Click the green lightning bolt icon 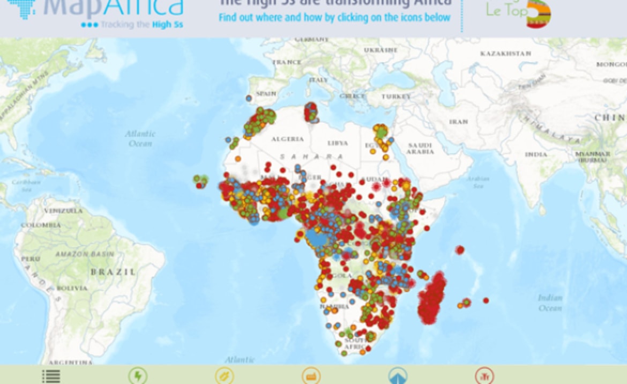(x=138, y=376)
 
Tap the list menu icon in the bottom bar (x=51, y=376)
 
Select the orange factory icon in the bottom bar (x=311, y=376)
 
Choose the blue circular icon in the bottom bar (x=397, y=376)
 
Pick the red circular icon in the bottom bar (x=484, y=376)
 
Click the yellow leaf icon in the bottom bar (x=224, y=376)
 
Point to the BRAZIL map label (x=113, y=272)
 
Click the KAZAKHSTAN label (x=505, y=54)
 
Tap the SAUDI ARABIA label (x=420, y=149)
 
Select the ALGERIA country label (x=287, y=139)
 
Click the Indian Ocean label (x=550, y=303)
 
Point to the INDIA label (x=536, y=154)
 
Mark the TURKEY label (x=396, y=97)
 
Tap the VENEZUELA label (x=63, y=211)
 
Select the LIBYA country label (x=338, y=143)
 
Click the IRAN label (x=458, y=122)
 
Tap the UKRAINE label (x=380, y=50)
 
